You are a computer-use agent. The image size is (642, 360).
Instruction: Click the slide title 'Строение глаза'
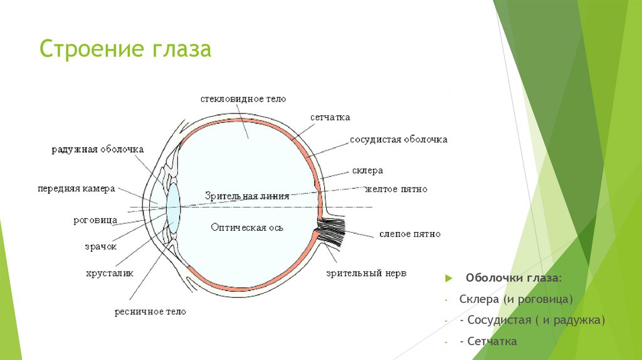pos(125,49)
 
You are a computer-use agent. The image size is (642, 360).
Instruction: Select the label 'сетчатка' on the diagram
pos(330,117)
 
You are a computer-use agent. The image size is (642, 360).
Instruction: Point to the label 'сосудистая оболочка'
pos(398,139)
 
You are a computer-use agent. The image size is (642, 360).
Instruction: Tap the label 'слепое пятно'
pos(409,234)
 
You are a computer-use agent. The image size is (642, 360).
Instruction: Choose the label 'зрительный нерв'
pos(366,273)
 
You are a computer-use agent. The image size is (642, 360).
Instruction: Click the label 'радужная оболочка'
pos(98,149)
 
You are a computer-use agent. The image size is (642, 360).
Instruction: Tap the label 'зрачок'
pos(101,246)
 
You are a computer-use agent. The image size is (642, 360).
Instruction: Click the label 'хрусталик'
pos(110,273)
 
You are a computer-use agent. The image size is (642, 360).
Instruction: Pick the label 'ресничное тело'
pos(150,311)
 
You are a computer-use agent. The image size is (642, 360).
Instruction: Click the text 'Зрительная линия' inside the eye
pos(246,196)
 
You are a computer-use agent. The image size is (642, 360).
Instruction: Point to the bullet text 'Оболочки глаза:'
pos(513,277)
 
